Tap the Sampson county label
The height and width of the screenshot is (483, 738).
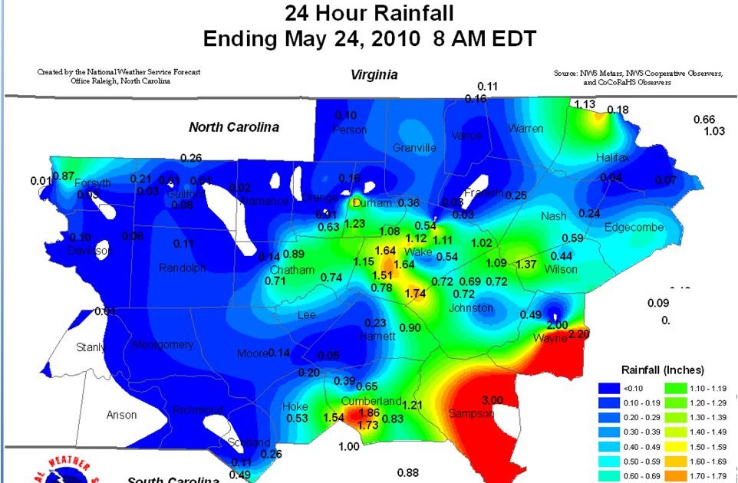tap(469, 414)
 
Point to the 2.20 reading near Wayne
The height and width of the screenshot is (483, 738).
tap(579, 334)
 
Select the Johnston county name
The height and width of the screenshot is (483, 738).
tap(471, 308)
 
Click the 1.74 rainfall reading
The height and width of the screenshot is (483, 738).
tap(415, 293)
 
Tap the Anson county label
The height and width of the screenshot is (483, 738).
tap(122, 415)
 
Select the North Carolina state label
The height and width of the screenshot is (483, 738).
tap(234, 127)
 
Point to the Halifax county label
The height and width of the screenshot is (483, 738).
tap(612, 157)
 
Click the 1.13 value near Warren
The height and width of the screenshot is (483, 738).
tap(585, 104)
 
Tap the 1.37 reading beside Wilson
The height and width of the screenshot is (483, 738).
tap(525, 264)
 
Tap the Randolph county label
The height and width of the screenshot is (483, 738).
tap(183, 268)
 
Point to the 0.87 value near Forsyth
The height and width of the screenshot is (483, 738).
tap(63, 176)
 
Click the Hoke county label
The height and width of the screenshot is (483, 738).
tap(295, 406)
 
